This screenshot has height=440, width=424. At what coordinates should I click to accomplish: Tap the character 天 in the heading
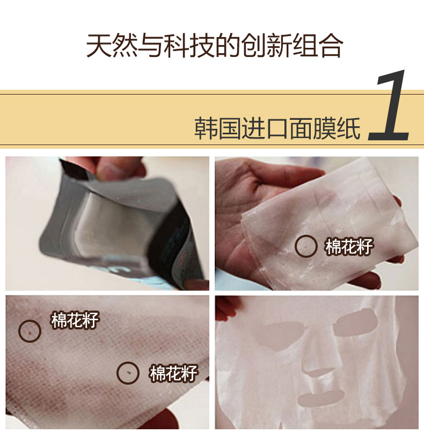99,46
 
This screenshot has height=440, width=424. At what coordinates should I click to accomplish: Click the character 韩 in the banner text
206,128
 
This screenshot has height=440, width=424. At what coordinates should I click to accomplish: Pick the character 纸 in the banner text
348,128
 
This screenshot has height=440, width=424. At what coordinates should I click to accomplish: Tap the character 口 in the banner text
277,129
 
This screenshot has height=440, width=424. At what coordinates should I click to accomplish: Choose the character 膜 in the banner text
325,128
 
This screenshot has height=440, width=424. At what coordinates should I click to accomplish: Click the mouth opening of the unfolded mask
321,399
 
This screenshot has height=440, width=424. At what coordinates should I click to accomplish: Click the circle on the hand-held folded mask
306,236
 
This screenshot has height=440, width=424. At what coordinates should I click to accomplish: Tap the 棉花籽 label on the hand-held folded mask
349,247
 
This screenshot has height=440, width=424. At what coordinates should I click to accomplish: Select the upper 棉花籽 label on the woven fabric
75,320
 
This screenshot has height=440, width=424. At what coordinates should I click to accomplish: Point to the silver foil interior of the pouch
112,225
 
